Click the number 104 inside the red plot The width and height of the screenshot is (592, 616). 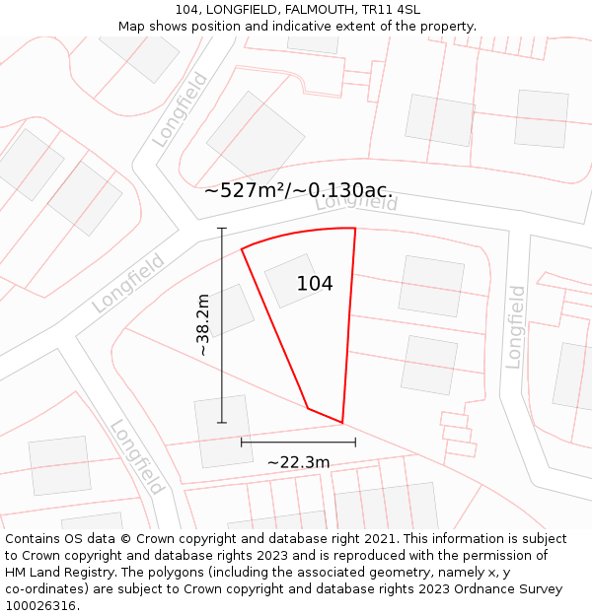[x=315, y=284]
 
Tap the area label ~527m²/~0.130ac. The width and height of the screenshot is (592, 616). [x=298, y=190]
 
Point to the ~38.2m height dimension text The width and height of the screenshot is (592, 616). [x=203, y=324]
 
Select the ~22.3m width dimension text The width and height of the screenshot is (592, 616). [x=298, y=461]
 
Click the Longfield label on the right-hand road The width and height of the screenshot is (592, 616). [x=516, y=326]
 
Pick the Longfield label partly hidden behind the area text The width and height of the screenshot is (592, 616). [x=356, y=202]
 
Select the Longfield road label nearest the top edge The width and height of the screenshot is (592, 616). [x=181, y=109]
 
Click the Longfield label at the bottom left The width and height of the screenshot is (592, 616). [x=136, y=456]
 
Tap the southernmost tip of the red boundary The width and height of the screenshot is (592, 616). [x=342, y=423]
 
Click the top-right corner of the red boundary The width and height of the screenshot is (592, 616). [x=355, y=229]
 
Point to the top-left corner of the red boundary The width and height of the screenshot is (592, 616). [x=242, y=248]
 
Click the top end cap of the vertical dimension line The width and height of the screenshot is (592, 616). [x=222, y=229]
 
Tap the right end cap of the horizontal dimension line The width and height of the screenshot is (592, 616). [x=355, y=442]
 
